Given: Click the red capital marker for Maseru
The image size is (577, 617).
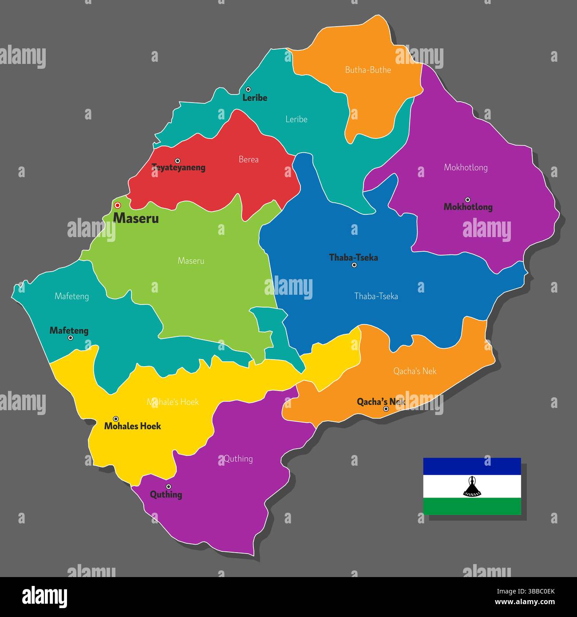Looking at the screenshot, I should pyautogui.click(x=118, y=206).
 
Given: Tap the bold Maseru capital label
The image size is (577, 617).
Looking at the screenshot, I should pyautogui.click(x=136, y=218).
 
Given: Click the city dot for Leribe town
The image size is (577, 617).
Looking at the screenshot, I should pyautogui.click(x=248, y=89).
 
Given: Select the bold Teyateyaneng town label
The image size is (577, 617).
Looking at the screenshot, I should pyautogui.click(x=178, y=168).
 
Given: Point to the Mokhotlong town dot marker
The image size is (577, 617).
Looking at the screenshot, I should pyautogui.click(x=467, y=200).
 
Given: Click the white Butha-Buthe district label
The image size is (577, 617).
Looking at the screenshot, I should pyautogui.click(x=368, y=70).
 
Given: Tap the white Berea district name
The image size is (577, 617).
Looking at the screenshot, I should pyautogui.click(x=249, y=159).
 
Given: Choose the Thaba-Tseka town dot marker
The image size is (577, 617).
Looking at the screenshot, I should pyautogui.click(x=354, y=265).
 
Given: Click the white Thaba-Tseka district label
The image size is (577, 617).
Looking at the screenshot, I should pyautogui.click(x=376, y=296).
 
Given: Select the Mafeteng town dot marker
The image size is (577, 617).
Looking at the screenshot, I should pyautogui.click(x=70, y=338).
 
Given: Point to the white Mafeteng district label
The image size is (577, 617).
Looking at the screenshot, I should pyautogui.click(x=71, y=296).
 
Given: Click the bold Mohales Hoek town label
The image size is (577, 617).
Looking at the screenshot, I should pyautogui.click(x=132, y=426).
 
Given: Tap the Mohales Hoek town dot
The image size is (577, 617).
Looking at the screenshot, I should pyautogui.click(x=116, y=419).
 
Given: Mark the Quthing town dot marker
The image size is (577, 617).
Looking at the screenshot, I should pyautogui.click(x=168, y=486).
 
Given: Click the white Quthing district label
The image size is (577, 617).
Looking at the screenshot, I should pyautogui.click(x=238, y=459).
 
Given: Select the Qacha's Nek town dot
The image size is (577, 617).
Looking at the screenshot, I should pyautogui.click(x=386, y=409).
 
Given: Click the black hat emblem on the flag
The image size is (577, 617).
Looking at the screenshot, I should pyautogui.click(x=471, y=486).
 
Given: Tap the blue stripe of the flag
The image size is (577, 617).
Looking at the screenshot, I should pyautogui.click(x=471, y=466).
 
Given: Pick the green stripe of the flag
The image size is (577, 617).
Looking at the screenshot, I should pyautogui.click(x=471, y=506).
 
